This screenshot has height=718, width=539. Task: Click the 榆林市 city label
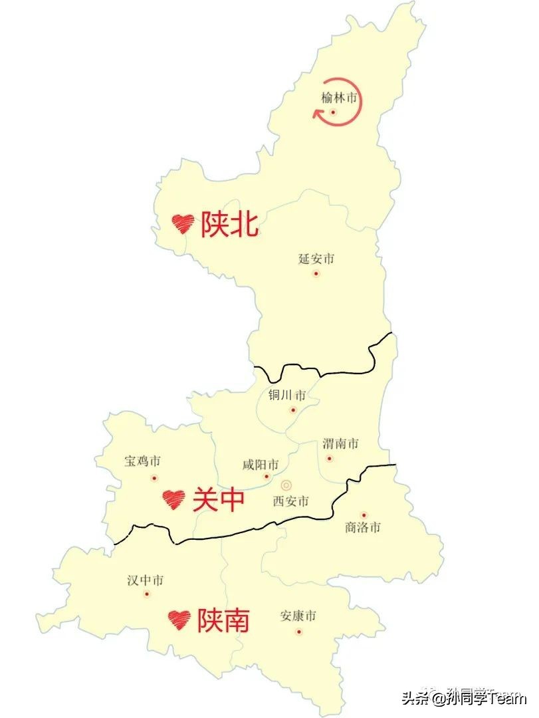(339, 98)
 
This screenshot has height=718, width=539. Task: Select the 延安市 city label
(316, 259)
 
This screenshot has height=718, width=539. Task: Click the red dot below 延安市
(316, 273)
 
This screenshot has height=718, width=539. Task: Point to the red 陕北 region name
(229, 225)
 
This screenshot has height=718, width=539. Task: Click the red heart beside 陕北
(183, 223)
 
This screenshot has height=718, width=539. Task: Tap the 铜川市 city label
(287, 396)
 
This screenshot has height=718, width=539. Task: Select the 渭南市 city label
(340, 443)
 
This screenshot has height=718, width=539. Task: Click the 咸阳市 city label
(261, 464)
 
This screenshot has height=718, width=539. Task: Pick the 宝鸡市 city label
(143, 461)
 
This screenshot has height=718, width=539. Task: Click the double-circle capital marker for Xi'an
(286, 485)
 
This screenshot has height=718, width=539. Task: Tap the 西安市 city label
(290, 502)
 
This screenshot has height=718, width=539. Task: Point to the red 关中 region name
(219, 500)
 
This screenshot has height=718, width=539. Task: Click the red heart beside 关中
(173, 499)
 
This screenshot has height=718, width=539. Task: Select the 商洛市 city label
(363, 528)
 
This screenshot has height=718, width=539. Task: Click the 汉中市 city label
(146, 580)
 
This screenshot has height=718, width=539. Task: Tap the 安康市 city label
(298, 616)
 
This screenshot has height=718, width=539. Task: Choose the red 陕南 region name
(223, 620)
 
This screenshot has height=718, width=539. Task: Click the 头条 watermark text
(414, 698)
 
